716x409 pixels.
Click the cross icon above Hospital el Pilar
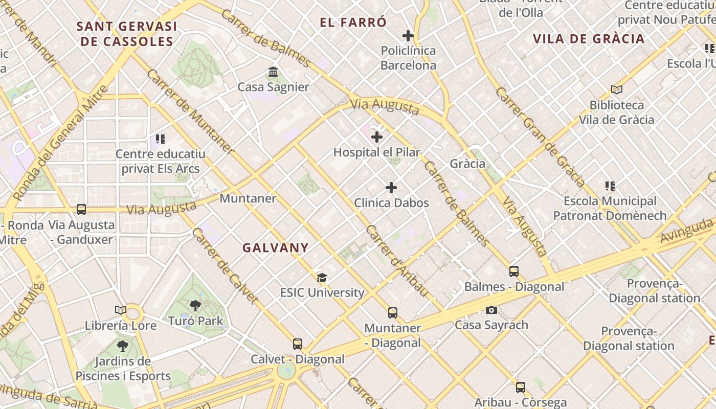tap(377, 137)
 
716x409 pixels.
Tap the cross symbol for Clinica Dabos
tap(391, 188)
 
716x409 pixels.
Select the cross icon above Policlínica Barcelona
tap(408, 36)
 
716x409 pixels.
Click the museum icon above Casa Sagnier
tap(273, 72)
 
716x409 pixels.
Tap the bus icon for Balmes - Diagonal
tap(514, 271)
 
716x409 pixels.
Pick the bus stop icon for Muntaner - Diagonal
tap(392, 312)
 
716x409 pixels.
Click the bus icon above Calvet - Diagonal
tap(298, 344)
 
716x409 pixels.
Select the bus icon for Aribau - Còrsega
tap(520, 387)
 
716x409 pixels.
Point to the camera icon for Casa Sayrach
tap(491, 310)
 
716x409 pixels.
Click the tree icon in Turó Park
tap(195, 306)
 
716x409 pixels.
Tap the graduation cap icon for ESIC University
tap(322, 278)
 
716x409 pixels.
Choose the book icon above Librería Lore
tap(121, 310)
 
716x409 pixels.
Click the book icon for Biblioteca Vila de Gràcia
tap(617, 89)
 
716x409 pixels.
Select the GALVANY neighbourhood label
tap(276, 248)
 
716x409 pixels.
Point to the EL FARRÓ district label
tap(353, 22)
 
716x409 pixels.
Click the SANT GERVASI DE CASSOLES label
tap(127, 34)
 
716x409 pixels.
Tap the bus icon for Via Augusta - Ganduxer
tap(81, 209)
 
